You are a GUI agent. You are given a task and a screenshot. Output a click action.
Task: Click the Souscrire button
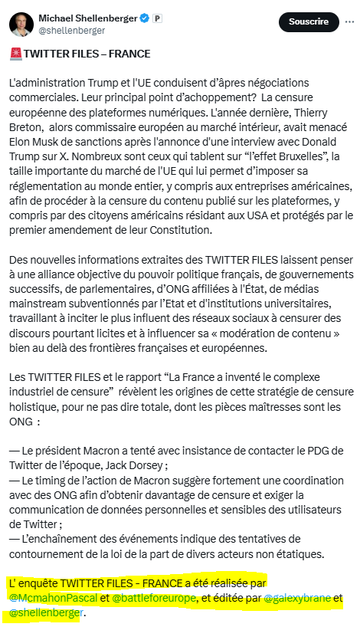point(309,21)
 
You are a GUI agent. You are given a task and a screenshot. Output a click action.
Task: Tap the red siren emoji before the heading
point(15,55)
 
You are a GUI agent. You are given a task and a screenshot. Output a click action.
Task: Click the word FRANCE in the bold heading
point(129,54)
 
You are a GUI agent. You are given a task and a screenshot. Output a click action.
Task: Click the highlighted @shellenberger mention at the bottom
point(45,612)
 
